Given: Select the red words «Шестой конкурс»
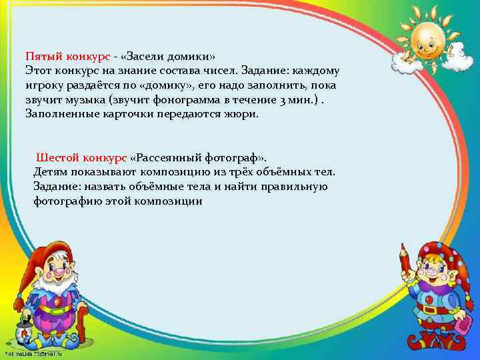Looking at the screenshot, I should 81,157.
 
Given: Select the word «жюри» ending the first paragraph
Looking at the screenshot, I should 246,114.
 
